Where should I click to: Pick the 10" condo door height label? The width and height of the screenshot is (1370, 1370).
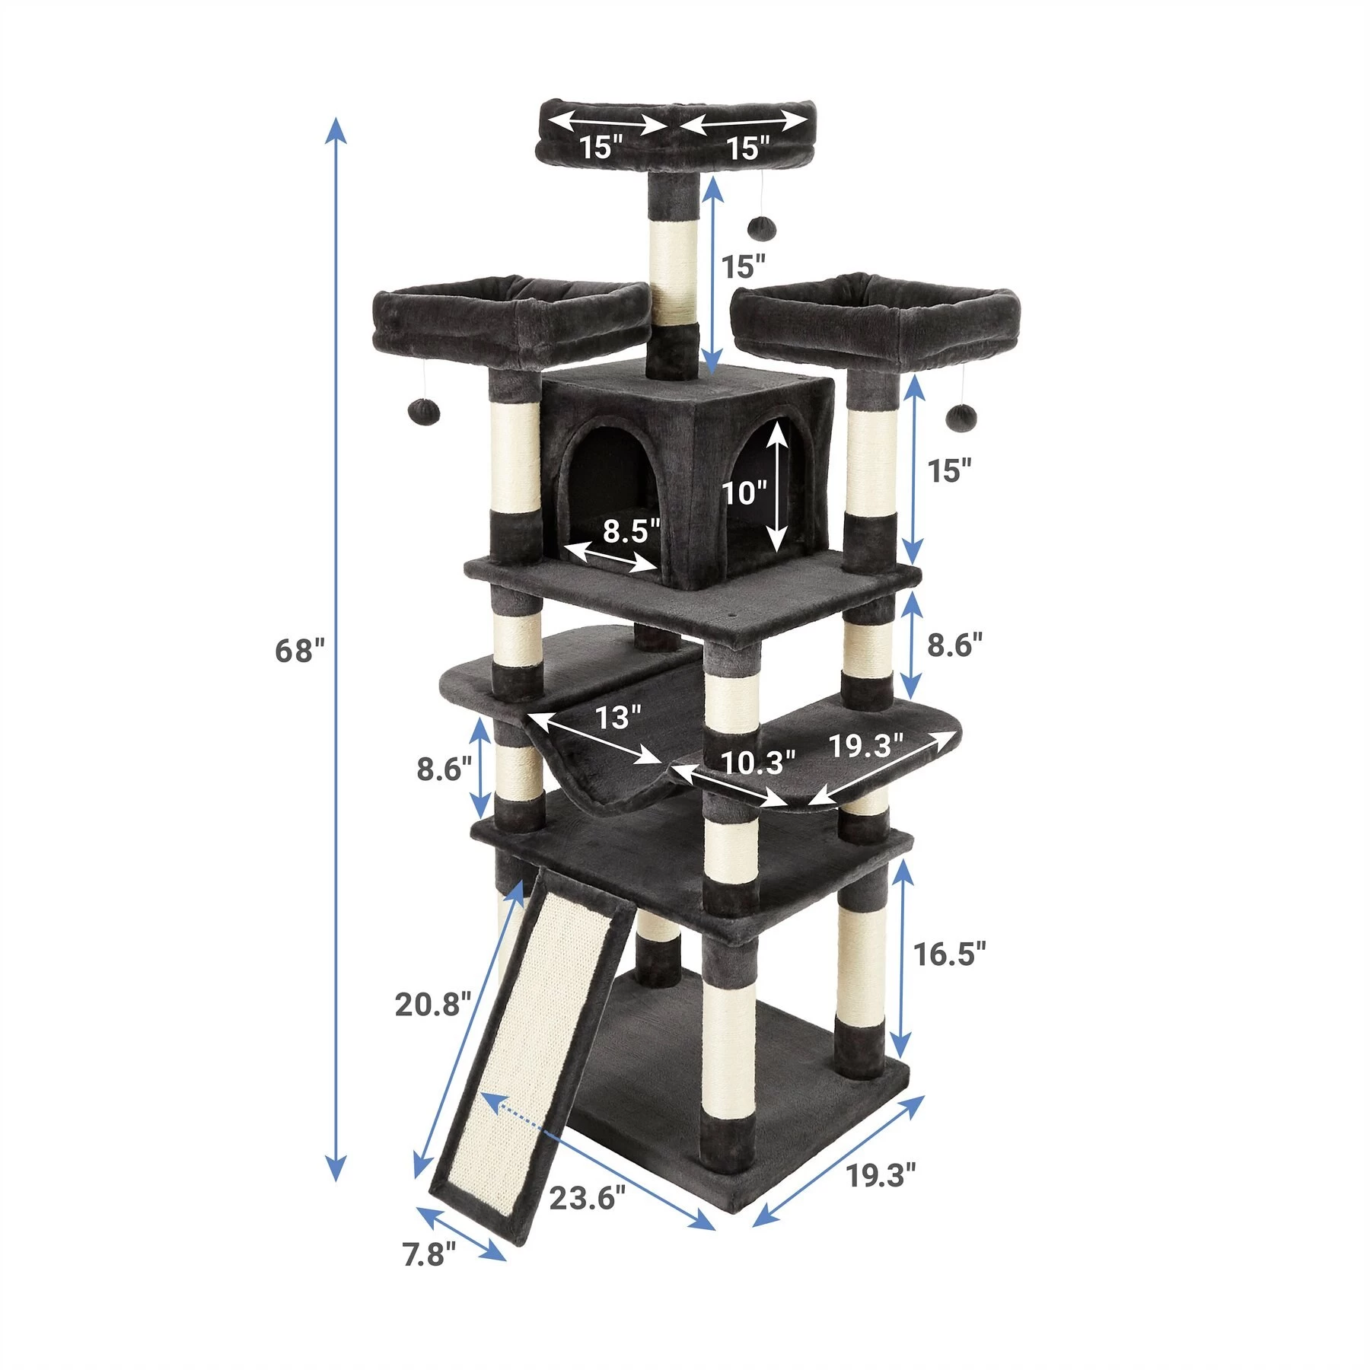point(745,493)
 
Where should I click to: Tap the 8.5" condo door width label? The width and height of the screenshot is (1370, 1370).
point(631,530)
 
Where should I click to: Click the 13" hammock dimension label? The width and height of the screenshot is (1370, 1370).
point(618,717)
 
